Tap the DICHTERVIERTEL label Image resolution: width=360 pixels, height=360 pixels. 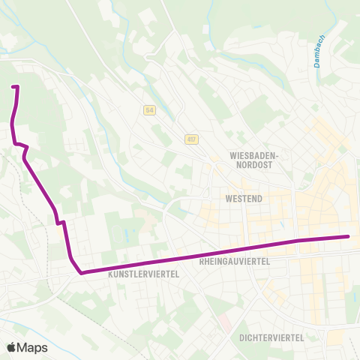click(271, 337)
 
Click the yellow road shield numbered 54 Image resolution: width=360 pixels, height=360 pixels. click(149, 110)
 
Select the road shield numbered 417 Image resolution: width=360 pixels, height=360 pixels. click(192, 139)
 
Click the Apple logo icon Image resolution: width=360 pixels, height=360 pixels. click(12, 347)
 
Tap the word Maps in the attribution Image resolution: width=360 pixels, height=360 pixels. click(33, 347)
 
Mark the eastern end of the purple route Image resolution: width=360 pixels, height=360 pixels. click(349, 237)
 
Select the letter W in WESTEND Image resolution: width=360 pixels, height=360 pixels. click(228, 199)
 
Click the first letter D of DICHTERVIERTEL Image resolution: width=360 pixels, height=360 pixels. click(242, 337)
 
